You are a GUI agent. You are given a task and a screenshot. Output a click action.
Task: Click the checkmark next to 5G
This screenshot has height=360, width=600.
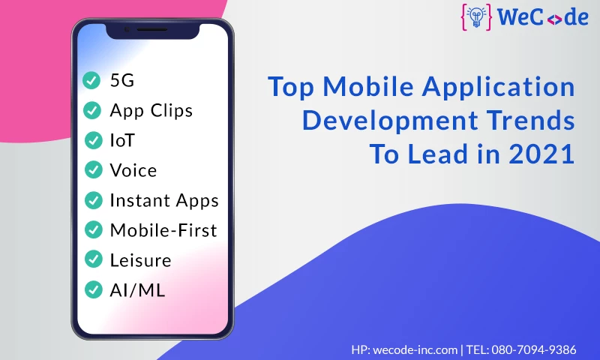click(x=91, y=80)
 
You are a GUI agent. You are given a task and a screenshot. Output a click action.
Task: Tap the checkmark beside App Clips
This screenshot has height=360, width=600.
click(x=92, y=110)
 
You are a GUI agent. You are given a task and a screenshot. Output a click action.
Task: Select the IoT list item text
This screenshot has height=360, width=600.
click(x=122, y=140)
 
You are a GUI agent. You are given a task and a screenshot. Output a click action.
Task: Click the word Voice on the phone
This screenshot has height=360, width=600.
click(x=133, y=170)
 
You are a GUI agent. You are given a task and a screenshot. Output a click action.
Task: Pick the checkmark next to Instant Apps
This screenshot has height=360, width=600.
click(x=93, y=200)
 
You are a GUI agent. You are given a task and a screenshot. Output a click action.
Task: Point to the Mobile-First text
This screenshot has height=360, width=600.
click(x=163, y=230)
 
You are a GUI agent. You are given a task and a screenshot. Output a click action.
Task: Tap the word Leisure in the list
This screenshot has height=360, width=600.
click(x=140, y=260)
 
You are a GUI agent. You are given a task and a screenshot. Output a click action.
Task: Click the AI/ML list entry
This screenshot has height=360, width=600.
click(x=137, y=290)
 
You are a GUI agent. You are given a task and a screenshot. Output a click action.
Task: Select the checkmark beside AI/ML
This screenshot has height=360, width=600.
click(x=93, y=289)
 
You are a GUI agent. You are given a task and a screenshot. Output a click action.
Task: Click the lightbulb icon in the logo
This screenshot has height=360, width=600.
click(x=476, y=17)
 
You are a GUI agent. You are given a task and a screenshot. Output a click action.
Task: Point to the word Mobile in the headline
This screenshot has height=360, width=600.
click(x=368, y=86)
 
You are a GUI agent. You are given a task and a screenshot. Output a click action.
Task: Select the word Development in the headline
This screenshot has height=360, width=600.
click(x=390, y=121)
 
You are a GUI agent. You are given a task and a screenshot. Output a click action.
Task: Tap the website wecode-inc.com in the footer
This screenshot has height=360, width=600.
click(x=415, y=349)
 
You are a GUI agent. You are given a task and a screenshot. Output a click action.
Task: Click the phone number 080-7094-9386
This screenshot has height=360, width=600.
click(x=534, y=349)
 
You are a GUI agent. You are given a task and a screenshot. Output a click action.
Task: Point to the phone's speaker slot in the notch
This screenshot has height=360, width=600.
click(x=152, y=29)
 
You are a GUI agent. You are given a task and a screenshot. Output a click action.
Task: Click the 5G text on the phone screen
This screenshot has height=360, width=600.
click(x=122, y=80)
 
